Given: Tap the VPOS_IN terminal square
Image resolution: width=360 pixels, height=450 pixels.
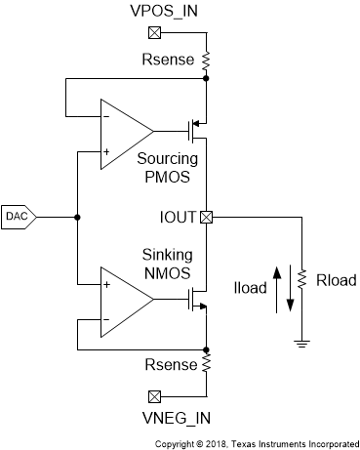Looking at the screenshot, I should [x=153, y=31].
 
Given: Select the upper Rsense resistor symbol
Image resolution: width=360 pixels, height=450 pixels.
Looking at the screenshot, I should [x=206, y=61].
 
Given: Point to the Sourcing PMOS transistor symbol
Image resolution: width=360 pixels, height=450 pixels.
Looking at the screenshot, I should [x=197, y=128].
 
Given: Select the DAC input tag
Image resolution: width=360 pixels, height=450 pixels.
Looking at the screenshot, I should [x=18, y=216].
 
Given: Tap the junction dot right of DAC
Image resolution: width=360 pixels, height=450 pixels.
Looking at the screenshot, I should [x=76, y=217].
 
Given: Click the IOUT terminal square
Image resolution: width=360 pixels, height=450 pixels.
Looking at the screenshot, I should [x=206, y=217].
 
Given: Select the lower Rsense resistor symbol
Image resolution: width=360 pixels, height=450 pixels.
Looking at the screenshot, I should [x=206, y=364].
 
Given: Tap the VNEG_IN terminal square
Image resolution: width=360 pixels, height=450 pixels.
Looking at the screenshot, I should [x=153, y=397].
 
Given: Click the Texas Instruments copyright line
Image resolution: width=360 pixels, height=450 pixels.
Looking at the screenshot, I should [x=257, y=442].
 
